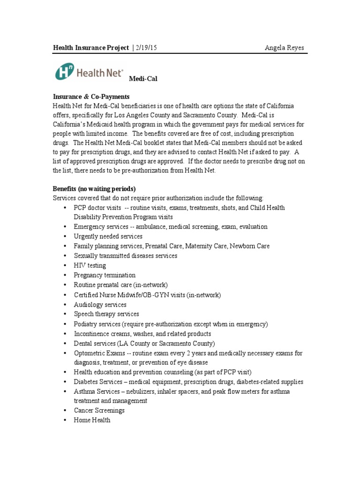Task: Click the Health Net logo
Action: pos(89,72)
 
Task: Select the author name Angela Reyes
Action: pos(285,48)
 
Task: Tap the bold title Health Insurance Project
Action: pos(91,48)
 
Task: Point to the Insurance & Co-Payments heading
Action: pos(90,97)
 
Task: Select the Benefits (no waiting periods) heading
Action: pos(94,189)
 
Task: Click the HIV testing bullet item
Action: pos(90,266)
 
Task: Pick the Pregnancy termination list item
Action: pos(105,275)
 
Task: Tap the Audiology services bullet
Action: pos(100,305)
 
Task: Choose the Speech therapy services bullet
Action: pos(106,314)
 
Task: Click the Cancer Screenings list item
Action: pos(99,411)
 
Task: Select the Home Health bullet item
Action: pos(92,420)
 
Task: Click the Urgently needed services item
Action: pos(108,237)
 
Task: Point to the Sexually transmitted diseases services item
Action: pos(126,256)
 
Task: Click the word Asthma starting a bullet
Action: pos(84,391)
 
